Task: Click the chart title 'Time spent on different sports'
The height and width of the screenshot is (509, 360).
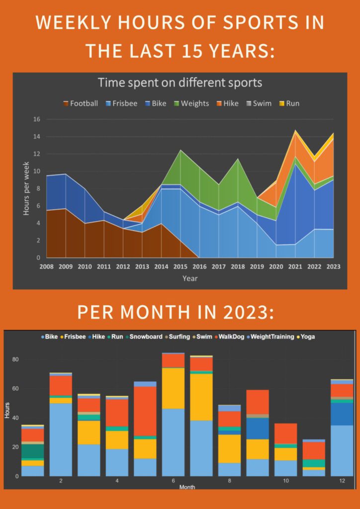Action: point(180,83)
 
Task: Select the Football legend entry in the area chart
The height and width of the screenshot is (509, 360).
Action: point(81,103)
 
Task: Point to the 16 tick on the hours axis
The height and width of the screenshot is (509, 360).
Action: point(36,119)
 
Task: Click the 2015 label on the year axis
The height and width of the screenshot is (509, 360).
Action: point(180,266)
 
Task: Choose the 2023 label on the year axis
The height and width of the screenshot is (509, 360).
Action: point(333,266)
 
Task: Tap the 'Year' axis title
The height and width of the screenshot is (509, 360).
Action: point(189,278)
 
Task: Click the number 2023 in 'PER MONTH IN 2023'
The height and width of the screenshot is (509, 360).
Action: point(248,312)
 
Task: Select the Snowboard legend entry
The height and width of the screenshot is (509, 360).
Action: point(145,337)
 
